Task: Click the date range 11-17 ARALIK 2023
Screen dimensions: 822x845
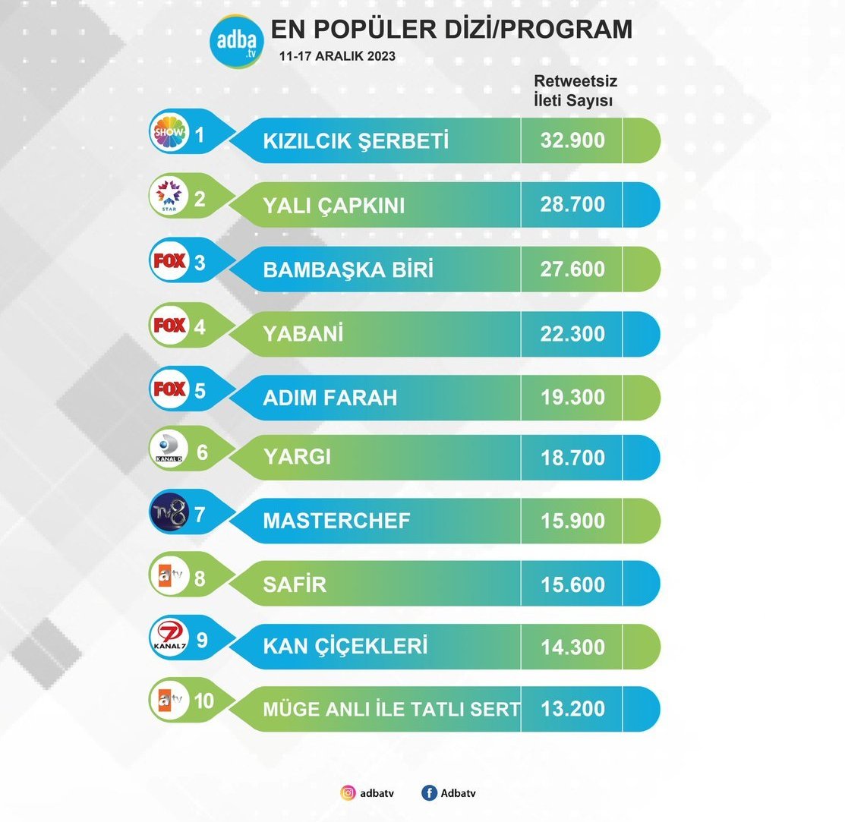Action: pos(337,57)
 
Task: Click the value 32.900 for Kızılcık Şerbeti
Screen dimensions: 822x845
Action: pos(573,140)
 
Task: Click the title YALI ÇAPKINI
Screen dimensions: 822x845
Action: pos(335,206)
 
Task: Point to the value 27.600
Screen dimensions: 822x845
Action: pos(573,269)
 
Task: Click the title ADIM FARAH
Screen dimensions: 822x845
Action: pos(329,398)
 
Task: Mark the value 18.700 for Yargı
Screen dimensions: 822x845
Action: pos(573,458)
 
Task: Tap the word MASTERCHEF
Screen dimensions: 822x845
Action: pos(336,521)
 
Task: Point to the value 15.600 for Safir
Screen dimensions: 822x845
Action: pos(573,584)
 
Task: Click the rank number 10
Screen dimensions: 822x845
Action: pos(203,701)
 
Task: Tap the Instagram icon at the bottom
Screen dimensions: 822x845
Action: pos(348,793)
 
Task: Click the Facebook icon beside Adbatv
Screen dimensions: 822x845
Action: pos(430,793)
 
